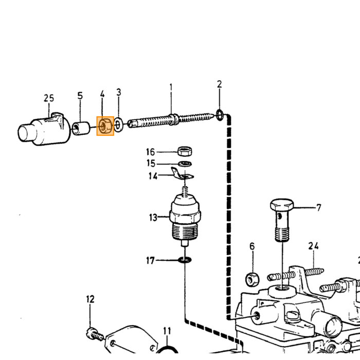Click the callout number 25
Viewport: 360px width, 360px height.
[x=49, y=98]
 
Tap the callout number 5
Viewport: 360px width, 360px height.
[x=80, y=96]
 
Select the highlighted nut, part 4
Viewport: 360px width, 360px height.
[x=105, y=126]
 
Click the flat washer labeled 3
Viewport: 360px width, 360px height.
[x=118, y=125]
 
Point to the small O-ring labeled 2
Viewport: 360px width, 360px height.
[x=220, y=115]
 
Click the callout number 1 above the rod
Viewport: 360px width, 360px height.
[x=171, y=87]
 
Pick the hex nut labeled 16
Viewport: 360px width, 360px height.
[x=185, y=151]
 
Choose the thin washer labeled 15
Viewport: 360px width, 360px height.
[x=185, y=164]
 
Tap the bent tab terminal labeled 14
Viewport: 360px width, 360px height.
[x=182, y=174]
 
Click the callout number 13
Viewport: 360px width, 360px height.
[x=153, y=217]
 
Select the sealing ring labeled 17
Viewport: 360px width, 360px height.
[x=185, y=260]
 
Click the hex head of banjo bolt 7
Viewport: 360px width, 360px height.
[x=282, y=205]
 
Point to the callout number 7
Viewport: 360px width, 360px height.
[x=318, y=208]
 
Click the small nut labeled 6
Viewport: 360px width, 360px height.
[x=253, y=279]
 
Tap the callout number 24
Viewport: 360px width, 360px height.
[x=314, y=246]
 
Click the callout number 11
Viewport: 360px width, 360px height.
[x=167, y=331]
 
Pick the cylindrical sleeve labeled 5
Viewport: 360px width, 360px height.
[x=81, y=129]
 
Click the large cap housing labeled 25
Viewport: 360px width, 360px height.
[x=44, y=129]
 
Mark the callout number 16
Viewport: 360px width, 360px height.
[x=151, y=152]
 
